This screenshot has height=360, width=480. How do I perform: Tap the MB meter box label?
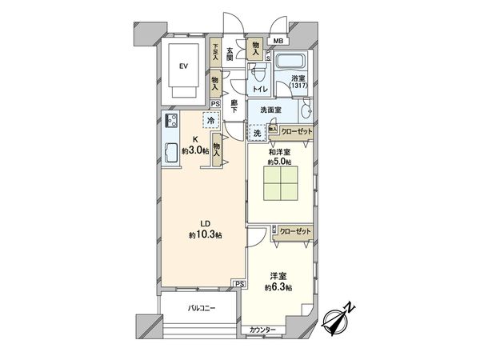(278, 42)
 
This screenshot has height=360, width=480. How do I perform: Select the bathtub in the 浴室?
(289, 59)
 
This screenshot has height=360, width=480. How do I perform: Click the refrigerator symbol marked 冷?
(210, 122)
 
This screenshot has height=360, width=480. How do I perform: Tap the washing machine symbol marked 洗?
(258, 134)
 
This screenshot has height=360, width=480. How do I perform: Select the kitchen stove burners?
(170, 122)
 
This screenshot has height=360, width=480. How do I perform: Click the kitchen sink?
(170, 150)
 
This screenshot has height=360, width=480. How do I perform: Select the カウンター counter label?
(262, 330)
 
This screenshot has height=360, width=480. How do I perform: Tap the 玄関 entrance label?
(230, 54)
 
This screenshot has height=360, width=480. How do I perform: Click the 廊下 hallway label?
(234, 106)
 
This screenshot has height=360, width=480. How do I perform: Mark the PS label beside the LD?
(239, 284)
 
